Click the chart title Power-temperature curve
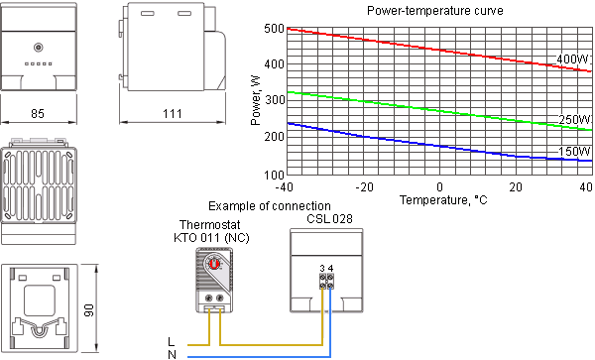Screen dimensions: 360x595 click(x=433, y=11)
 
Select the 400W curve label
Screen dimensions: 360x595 click(x=572, y=60)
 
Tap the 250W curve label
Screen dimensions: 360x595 click(x=573, y=120)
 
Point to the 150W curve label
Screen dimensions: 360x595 click(x=573, y=152)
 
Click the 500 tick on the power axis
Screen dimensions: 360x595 click(x=275, y=28)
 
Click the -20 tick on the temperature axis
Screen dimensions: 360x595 click(x=363, y=187)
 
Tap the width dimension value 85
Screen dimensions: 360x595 click(x=39, y=114)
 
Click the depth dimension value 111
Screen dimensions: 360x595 click(x=171, y=114)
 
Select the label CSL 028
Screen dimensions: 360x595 click(x=328, y=219)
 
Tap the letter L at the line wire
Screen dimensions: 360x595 click(x=172, y=341)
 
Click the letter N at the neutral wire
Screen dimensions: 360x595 click(x=172, y=354)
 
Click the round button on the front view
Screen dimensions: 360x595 click(x=39, y=48)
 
